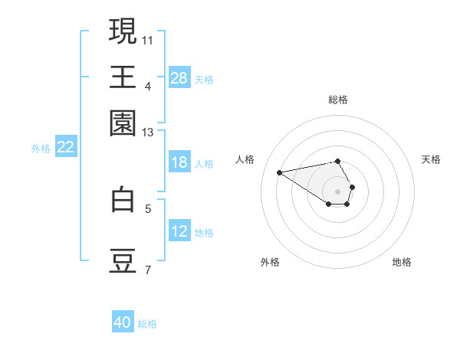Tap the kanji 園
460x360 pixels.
[123, 123]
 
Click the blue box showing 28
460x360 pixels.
[179, 78]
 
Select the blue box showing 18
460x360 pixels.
[179, 162]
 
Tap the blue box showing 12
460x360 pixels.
[179, 231]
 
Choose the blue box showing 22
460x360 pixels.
[65, 148]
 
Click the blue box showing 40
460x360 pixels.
[123, 322]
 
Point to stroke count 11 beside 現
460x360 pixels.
[148, 39]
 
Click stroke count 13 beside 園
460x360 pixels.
[148, 133]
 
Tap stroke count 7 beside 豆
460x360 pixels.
[148, 270]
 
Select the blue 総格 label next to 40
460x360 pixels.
[147, 324]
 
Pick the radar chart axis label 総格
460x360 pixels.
[338, 100]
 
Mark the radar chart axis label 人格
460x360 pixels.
[245, 159]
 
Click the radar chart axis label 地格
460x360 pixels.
[402, 262]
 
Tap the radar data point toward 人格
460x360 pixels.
[280, 172]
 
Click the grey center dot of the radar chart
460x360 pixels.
[337, 191]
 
